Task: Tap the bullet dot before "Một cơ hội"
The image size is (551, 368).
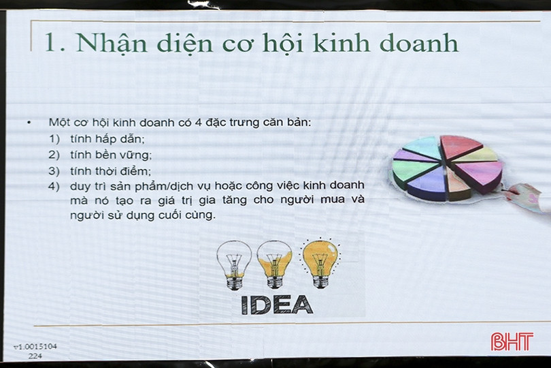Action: point(29,123)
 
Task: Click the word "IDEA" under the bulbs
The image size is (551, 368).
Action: point(278,303)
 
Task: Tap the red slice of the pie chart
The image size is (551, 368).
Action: point(461,146)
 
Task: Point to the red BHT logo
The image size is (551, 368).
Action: point(512,341)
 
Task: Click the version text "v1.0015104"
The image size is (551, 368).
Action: point(35,347)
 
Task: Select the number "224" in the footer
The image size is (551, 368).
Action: point(35,356)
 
